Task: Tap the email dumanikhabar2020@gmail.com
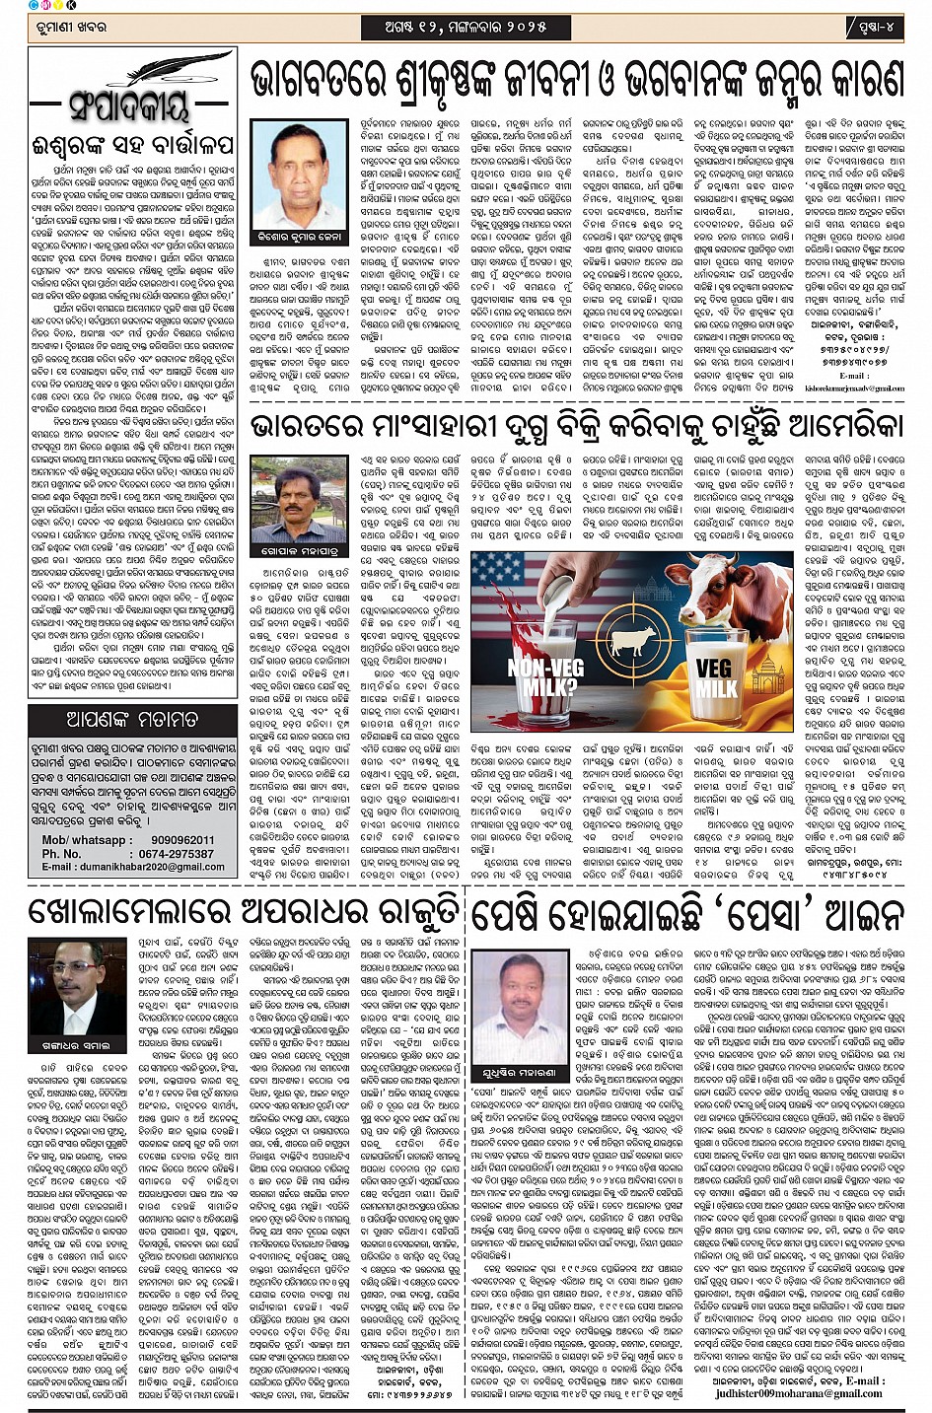[147, 867]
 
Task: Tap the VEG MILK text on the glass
[714, 679]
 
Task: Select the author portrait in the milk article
[298, 499]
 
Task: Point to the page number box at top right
[874, 27]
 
